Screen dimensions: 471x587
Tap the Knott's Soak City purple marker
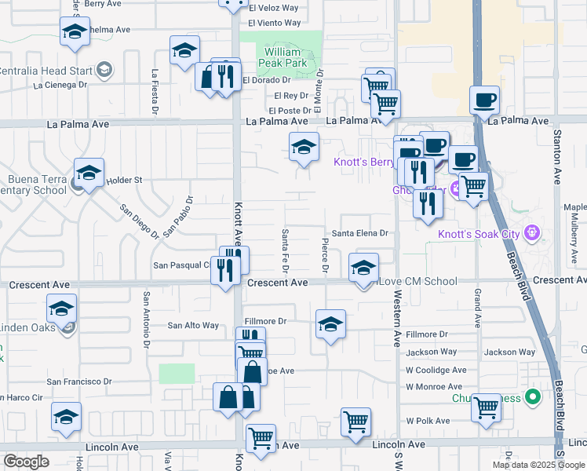(x=533, y=232)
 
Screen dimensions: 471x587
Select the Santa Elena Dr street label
(x=359, y=233)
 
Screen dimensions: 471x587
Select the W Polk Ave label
(x=428, y=421)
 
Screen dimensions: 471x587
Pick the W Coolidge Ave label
(x=436, y=370)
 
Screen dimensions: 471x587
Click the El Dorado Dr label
(x=267, y=80)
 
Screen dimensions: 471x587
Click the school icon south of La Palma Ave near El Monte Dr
(x=304, y=146)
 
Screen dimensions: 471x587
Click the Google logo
(x=26, y=462)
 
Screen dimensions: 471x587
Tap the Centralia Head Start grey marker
(x=104, y=71)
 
